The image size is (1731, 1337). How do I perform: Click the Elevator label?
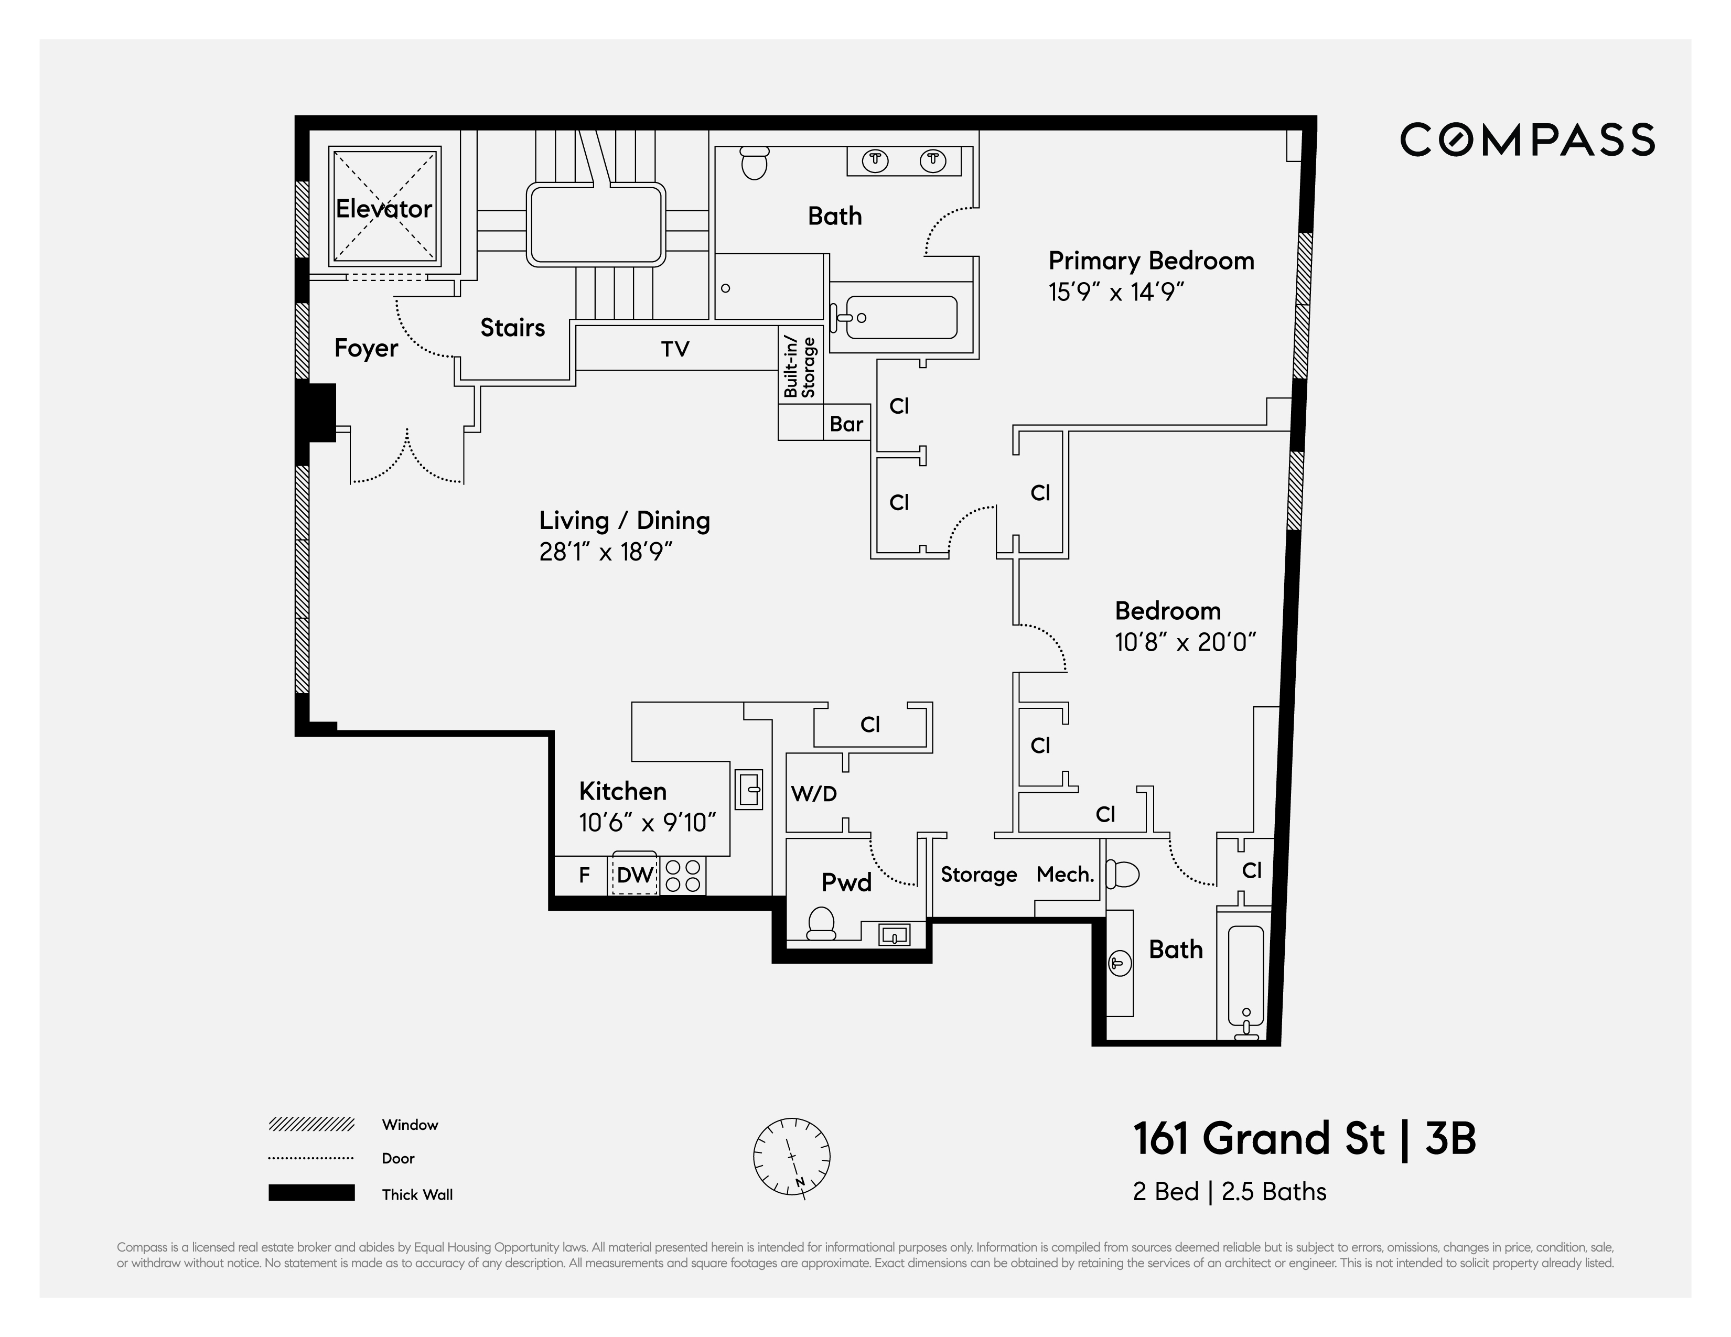point(384,209)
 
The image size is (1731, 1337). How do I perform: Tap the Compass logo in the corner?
point(1526,141)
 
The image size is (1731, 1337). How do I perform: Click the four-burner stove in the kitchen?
point(683,876)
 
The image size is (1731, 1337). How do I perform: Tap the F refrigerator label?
point(584,875)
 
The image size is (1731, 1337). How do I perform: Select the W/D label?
point(813,793)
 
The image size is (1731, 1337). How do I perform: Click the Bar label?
point(846,424)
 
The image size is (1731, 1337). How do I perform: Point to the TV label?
point(675,349)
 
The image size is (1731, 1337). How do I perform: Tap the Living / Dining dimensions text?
point(606,552)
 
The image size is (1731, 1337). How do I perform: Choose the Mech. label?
point(1065,874)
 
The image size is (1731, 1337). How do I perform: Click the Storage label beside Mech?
point(979,874)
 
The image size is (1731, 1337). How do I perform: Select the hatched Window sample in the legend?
point(311,1124)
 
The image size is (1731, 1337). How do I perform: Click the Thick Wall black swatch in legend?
point(311,1193)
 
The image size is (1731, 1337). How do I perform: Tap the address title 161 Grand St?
point(1259,1139)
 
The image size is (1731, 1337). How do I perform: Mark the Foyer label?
point(365,348)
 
